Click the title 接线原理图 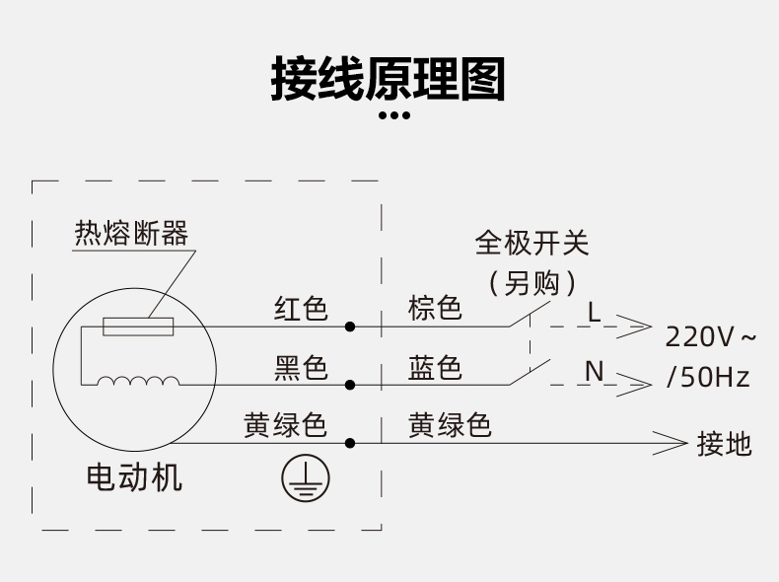point(389,79)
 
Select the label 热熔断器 point(131,234)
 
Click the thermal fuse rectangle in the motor point(139,326)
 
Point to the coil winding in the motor point(138,382)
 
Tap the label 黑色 point(301,368)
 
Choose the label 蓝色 point(435,368)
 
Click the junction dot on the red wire point(350,326)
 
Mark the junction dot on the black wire point(350,384)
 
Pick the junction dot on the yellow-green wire point(350,442)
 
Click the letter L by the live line point(594,312)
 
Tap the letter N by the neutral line point(594,371)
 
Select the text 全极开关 point(531,243)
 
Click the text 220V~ point(710,337)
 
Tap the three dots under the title point(394,116)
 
